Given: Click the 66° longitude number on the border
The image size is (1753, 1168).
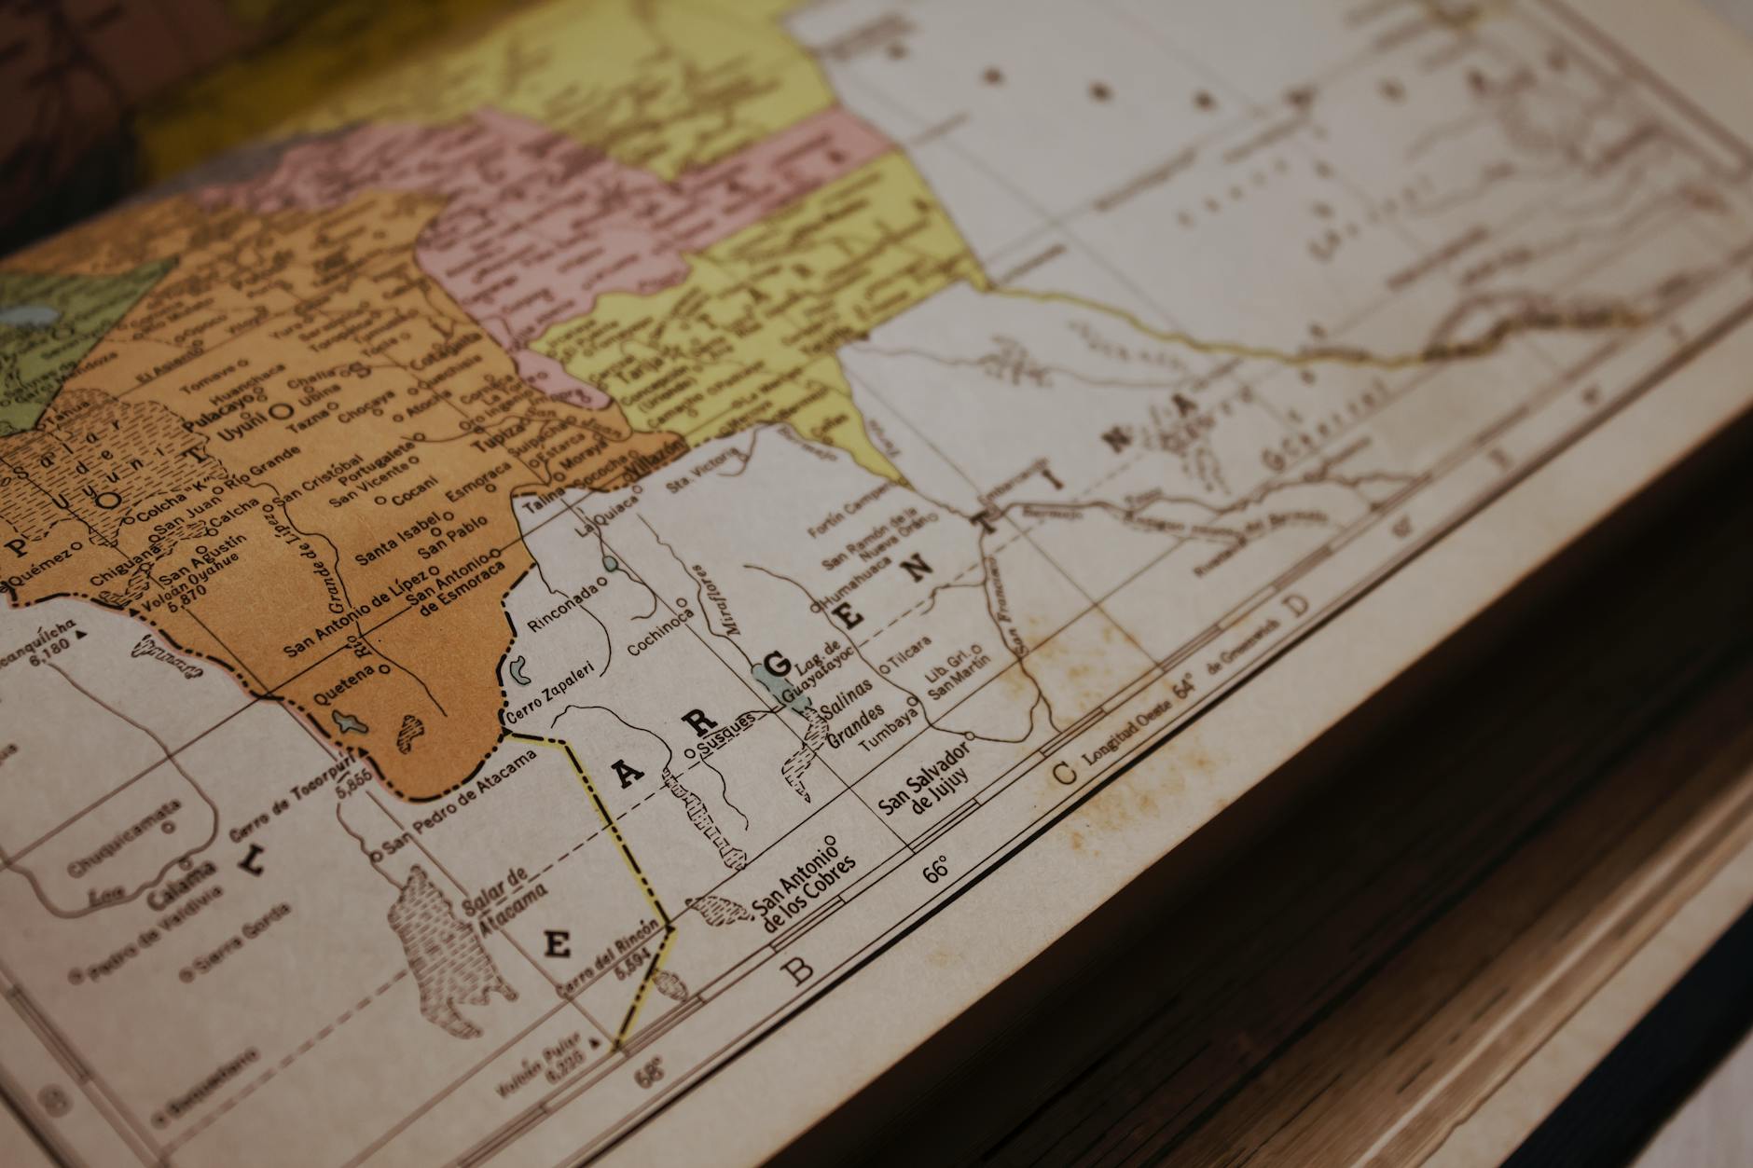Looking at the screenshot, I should (935, 869).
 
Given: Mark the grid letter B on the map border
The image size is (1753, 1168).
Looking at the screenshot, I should (800, 971).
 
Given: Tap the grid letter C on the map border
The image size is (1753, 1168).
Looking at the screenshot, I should (1063, 772).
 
